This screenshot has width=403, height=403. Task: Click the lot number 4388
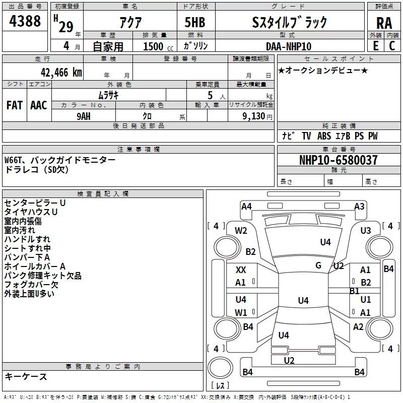25,21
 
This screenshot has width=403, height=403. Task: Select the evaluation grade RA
384,23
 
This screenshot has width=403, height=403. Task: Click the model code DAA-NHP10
289,46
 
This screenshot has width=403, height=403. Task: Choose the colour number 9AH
84,116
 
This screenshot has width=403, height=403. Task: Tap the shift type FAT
15,105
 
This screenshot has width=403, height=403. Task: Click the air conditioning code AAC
38,105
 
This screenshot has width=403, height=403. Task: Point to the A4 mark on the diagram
246,206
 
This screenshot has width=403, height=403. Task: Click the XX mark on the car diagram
241,270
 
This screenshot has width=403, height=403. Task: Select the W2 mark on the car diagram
241,231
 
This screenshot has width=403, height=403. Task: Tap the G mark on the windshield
318,265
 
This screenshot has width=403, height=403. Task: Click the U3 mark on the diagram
365,231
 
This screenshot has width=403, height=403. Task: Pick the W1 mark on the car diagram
241,312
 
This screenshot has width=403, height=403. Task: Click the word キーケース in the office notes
26,376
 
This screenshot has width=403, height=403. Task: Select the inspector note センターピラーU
35,203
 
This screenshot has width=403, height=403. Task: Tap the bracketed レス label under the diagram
220,385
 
